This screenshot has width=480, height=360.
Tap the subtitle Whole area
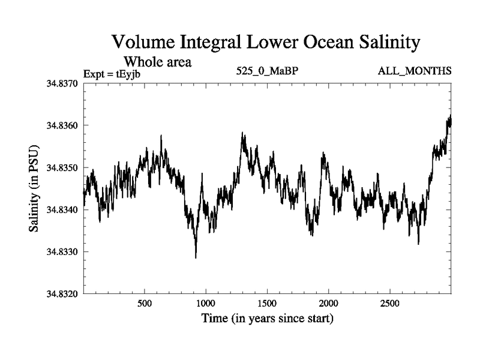(x=157, y=61)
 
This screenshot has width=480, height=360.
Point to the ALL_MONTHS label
(x=415, y=71)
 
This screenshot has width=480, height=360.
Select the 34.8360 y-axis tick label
(x=60, y=125)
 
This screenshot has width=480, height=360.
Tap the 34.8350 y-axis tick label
(x=60, y=167)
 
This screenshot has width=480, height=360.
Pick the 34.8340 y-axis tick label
(x=60, y=209)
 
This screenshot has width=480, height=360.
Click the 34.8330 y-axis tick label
(x=60, y=251)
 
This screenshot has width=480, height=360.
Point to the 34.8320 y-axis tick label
(x=60, y=293)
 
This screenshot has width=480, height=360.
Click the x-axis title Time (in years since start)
(x=267, y=317)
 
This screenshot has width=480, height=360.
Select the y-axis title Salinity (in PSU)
(x=34, y=188)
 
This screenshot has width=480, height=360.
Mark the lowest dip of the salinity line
(x=196, y=257)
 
